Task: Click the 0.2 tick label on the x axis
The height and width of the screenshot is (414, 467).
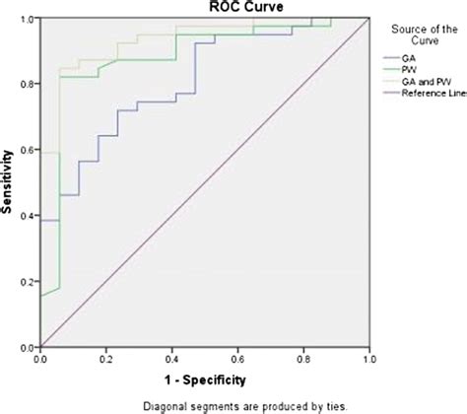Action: (106, 359)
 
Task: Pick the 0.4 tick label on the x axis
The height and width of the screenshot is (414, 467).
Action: (171, 359)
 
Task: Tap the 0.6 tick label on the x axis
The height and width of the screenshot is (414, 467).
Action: (237, 359)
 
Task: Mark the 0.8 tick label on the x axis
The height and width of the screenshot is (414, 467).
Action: (302, 359)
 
